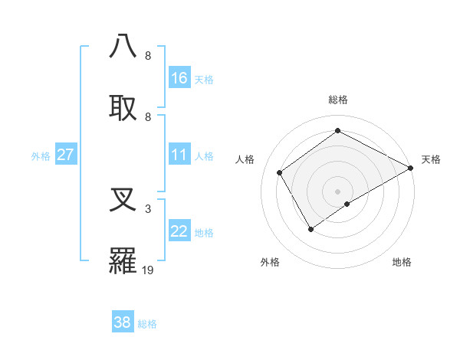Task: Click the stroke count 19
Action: [x=148, y=270]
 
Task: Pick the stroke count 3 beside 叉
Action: [x=148, y=208]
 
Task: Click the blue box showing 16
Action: [x=179, y=78]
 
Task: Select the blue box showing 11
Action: [x=179, y=155]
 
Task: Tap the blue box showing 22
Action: [x=179, y=231]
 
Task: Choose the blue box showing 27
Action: [x=66, y=155]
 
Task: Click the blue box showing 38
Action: [x=123, y=322]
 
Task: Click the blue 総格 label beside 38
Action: [x=147, y=324]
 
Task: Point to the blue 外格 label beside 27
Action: [x=41, y=156]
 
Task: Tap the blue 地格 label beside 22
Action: [x=204, y=233]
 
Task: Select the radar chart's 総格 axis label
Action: [x=337, y=100]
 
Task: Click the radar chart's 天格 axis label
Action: [x=431, y=159]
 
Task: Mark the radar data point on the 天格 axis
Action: [x=411, y=168]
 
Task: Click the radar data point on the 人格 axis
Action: [x=280, y=172]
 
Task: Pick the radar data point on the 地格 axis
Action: [x=347, y=204]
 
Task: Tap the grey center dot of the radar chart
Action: [x=337, y=191]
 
